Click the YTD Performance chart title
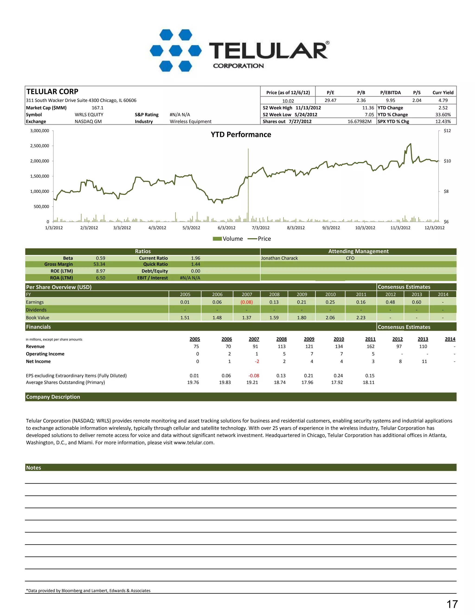(x=241, y=135)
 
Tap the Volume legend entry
(x=228, y=239)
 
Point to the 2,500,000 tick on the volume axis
(x=40, y=146)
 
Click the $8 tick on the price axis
(x=446, y=191)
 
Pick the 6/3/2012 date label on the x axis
(x=227, y=228)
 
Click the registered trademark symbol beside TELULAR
(x=327, y=43)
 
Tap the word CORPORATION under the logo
(x=238, y=66)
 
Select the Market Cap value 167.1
(x=98, y=108)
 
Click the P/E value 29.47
(x=330, y=100)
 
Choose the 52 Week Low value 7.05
(x=369, y=115)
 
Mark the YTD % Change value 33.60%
(x=443, y=115)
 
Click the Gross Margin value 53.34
(x=99, y=264)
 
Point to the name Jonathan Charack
(x=279, y=258)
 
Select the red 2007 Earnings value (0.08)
(x=247, y=302)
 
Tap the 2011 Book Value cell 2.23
(x=361, y=318)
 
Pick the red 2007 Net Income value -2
(x=257, y=361)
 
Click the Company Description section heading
(x=53, y=397)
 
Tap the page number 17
(x=452, y=604)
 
